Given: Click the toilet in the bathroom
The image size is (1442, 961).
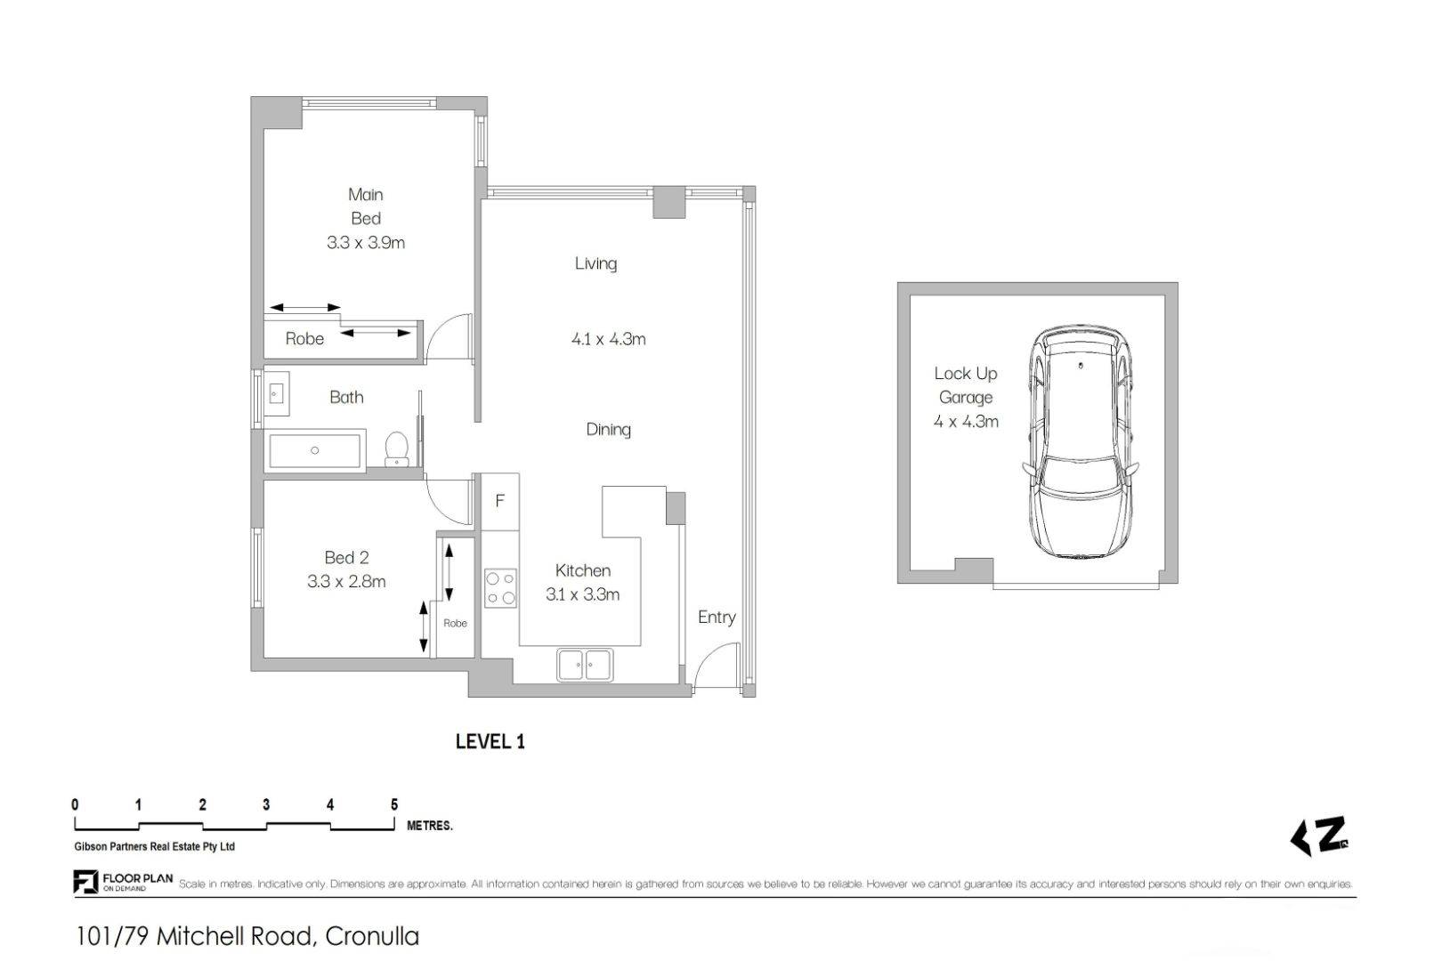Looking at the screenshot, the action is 396,448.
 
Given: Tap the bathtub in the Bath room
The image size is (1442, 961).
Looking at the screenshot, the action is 315,450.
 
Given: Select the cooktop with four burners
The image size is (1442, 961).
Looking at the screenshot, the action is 500,587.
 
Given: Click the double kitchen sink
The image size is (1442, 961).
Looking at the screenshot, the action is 585,665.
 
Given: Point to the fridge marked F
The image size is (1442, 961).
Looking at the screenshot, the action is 500,502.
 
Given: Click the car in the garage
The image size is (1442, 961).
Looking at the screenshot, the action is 1081,441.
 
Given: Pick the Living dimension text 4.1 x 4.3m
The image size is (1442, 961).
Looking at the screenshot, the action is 608,339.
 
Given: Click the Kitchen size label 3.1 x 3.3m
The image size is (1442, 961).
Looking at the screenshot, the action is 583,594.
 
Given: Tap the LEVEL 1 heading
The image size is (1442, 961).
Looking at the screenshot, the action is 490,742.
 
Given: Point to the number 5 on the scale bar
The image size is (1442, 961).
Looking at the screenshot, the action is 394,804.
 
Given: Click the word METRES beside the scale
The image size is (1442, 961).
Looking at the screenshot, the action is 429,826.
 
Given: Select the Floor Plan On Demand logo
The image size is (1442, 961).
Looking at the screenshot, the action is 123,882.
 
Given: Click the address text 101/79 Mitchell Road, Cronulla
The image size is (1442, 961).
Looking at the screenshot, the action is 247,937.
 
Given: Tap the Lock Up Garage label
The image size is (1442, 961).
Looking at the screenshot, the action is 966,385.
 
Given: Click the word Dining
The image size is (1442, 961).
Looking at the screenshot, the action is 608,430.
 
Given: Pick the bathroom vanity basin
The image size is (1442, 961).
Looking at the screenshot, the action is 276,393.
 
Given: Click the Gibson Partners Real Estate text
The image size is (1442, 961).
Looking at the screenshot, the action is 155,847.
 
